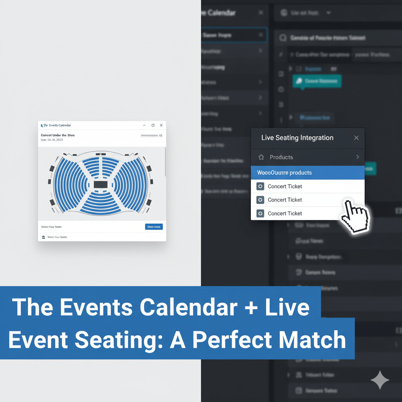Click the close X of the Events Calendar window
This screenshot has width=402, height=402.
161,125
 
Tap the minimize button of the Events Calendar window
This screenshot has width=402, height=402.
144,125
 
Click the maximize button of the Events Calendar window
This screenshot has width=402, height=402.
153,125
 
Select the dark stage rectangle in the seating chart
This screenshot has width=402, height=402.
100,185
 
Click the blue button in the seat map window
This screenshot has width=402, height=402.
154,227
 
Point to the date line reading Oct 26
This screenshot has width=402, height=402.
52,140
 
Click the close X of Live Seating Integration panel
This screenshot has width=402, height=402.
356,138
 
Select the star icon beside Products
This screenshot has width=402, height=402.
261,157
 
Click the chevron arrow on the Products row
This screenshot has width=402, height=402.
357,157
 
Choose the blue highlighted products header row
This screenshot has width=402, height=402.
307,173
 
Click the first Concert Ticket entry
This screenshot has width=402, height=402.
285,186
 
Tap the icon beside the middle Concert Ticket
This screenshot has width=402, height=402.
260,200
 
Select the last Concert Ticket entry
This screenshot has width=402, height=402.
285,214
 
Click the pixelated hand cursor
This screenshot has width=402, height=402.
355,216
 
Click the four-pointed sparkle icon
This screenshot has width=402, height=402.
380,380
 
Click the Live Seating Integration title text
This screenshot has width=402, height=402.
297,138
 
